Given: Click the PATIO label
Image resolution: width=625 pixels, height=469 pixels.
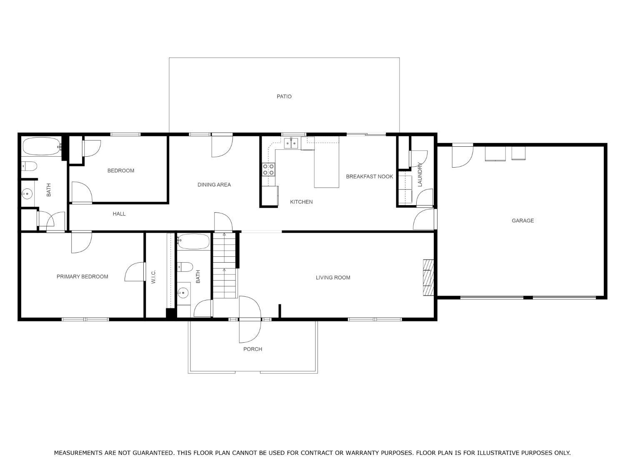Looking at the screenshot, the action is [284, 97].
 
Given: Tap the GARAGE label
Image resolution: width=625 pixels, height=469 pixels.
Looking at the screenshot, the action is [522, 221].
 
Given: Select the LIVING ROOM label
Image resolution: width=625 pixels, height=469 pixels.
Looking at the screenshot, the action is [333, 277].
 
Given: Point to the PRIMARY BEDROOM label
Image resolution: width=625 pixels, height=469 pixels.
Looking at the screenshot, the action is [82, 276].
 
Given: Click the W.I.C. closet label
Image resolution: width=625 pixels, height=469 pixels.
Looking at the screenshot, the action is [153, 277].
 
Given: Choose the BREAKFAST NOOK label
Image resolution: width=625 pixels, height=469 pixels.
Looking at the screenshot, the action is [369, 176].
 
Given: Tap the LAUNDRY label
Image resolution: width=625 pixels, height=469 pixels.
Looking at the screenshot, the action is [420, 174].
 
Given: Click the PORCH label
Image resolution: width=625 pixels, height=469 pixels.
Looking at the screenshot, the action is [252, 349].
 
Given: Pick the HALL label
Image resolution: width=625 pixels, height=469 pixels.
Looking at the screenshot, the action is [119, 214].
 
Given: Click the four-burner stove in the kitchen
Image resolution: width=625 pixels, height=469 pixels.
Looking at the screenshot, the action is [268, 169].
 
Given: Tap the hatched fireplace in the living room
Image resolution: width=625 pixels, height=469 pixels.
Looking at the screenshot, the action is [428, 277].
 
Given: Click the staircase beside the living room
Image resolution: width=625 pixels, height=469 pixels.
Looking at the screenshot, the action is [225, 266].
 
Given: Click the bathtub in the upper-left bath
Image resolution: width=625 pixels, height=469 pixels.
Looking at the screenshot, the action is [42, 146].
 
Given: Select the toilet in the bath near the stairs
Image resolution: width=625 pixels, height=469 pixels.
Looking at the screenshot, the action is [185, 267].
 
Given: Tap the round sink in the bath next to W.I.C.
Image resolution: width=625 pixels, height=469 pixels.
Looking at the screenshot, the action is [183, 293].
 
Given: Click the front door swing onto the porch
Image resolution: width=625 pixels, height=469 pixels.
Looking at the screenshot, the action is [250, 319].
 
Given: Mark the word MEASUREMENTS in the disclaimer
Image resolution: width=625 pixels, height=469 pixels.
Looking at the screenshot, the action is [78, 453].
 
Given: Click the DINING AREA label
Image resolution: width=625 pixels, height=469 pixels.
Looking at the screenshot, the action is [214, 185].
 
